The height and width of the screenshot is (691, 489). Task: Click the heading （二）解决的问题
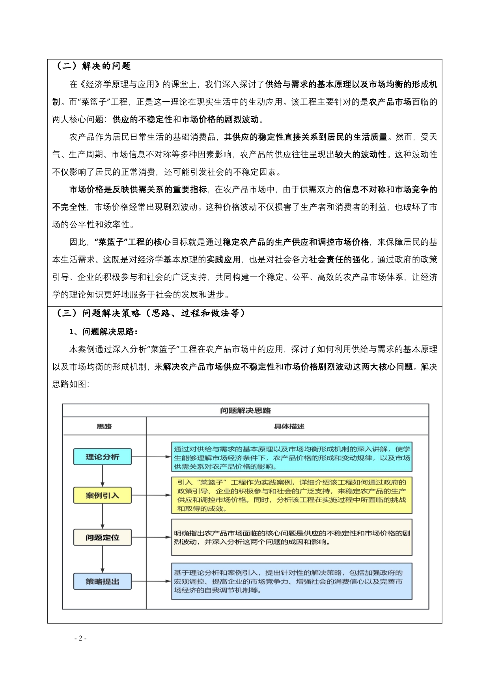click(x=93, y=66)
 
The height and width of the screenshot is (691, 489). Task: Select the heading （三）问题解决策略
click(x=150, y=313)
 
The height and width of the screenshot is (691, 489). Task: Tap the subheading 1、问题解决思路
click(x=103, y=332)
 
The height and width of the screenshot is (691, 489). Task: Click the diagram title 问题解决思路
click(x=245, y=411)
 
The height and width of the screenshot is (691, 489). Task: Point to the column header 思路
click(x=104, y=427)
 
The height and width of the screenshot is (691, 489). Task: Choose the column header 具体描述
click(x=289, y=427)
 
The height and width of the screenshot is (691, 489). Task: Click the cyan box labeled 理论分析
click(x=103, y=457)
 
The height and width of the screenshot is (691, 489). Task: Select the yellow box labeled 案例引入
click(x=103, y=495)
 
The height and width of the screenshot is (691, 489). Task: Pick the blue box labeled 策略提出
click(x=103, y=581)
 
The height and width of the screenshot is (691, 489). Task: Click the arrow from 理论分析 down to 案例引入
click(x=103, y=476)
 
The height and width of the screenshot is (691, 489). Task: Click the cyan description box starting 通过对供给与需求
click(x=292, y=457)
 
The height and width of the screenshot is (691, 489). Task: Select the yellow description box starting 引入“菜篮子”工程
click(x=292, y=495)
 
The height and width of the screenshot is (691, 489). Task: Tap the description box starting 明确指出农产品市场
click(x=292, y=537)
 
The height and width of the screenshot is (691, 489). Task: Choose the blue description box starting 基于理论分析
click(x=292, y=581)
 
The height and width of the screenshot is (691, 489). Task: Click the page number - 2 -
click(x=80, y=639)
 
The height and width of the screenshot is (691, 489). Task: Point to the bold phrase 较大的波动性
click(x=360, y=155)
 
